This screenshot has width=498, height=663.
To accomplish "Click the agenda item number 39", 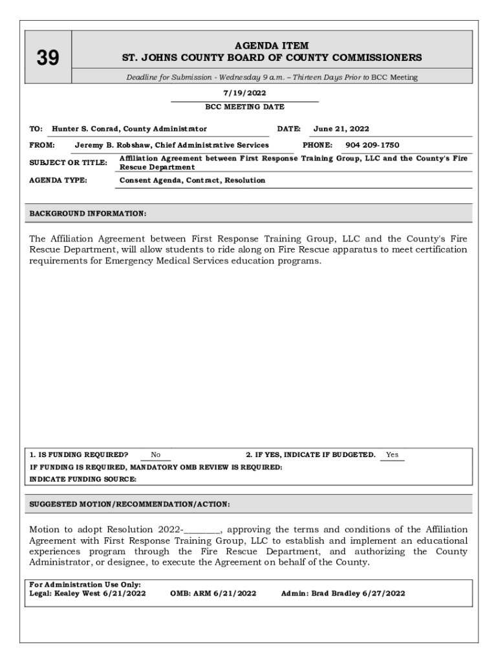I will (48, 58).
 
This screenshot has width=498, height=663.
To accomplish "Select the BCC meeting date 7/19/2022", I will (244, 93).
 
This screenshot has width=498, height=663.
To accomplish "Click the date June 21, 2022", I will (341, 129).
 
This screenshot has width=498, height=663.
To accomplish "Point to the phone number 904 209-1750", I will (372, 145).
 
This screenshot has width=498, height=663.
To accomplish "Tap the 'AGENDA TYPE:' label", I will (59, 180).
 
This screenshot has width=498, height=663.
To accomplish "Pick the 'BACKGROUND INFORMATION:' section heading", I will (88, 213).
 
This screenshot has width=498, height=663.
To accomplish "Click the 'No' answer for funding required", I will (156, 455).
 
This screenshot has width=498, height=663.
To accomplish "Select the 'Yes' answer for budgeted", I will (392, 455).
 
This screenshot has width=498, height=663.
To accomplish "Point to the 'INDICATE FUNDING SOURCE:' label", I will (83, 479).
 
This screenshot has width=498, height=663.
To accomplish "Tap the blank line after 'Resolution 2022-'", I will (202, 529).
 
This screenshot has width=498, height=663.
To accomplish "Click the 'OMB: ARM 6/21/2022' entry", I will (213, 592).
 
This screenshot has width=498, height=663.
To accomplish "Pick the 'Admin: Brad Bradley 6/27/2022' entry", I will (343, 592).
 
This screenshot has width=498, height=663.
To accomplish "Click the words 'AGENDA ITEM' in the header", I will (272, 46).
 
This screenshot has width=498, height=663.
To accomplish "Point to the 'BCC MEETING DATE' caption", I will (244, 107).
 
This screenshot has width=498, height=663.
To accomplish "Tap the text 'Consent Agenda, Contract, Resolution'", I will (192, 180).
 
